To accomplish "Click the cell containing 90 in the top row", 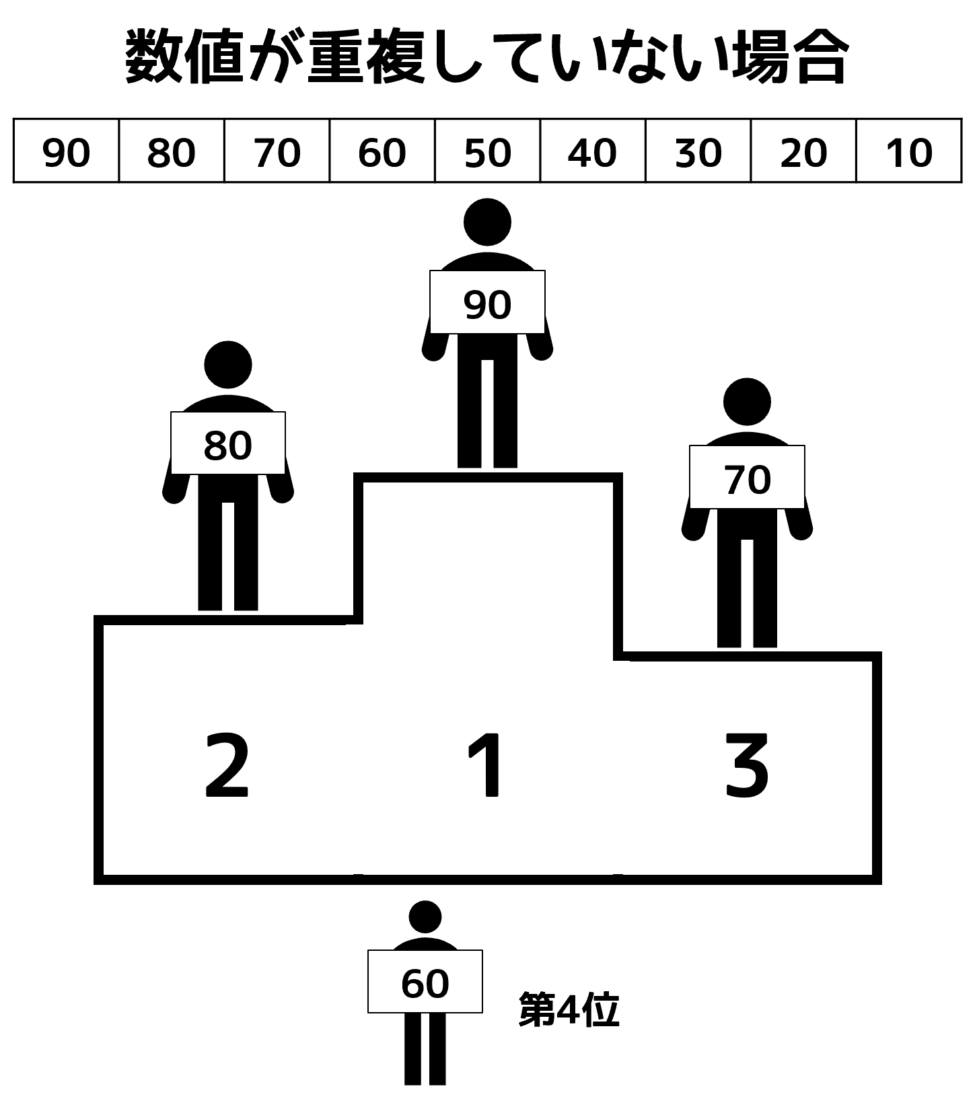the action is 66,151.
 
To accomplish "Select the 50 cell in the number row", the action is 487,151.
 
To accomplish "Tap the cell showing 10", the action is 909,151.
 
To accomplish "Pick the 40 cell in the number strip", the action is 593,151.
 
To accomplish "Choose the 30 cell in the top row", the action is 698,151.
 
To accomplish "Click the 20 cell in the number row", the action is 803,151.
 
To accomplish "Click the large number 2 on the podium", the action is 227,765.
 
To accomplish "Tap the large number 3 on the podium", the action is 746,766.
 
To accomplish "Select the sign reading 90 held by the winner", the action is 487,302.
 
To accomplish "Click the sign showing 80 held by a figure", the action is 228,443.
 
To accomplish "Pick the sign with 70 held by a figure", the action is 747,477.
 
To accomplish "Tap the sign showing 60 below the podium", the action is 425,981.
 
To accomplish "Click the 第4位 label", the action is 569,1010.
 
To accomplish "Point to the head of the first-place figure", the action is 488,222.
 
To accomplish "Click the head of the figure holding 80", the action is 228,365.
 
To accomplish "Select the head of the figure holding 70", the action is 747,402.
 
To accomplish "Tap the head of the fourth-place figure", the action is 425,916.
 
